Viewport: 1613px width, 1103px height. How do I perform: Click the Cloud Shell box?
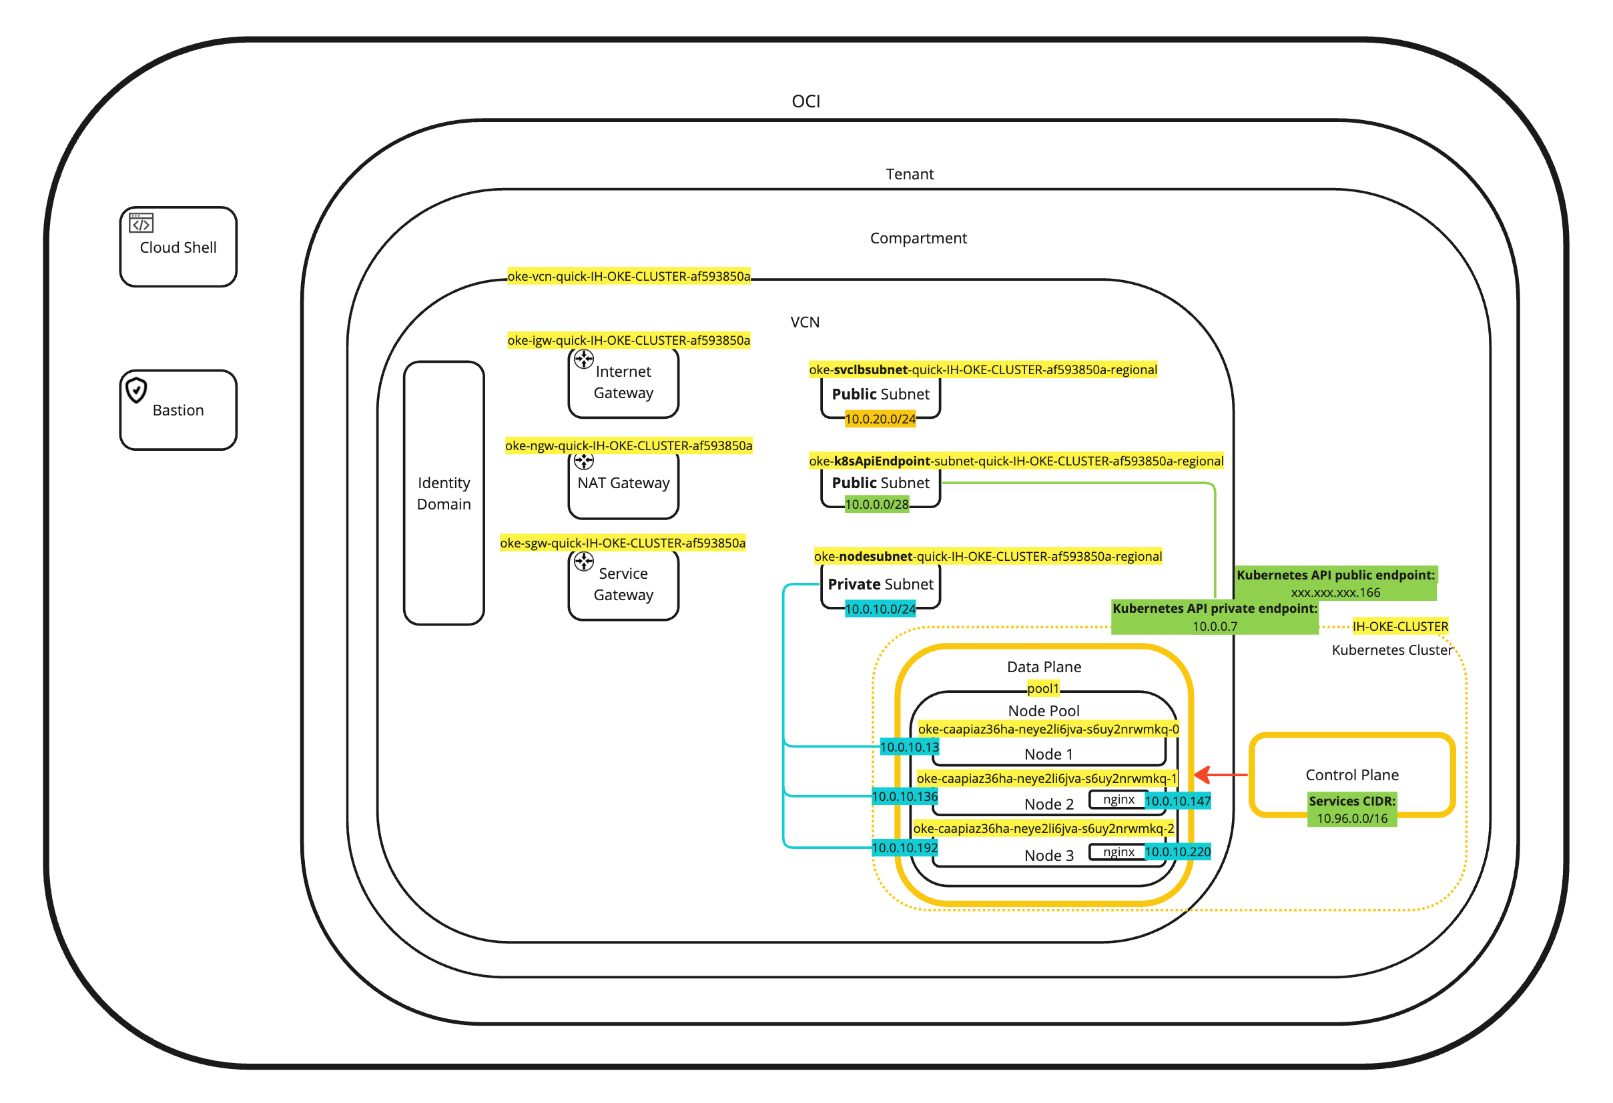click(178, 247)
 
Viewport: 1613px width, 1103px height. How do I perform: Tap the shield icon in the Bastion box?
click(136, 390)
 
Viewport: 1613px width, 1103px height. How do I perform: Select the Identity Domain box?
click(444, 493)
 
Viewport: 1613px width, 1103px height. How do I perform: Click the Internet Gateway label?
click(623, 382)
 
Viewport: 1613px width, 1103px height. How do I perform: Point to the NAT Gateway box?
click(623, 484)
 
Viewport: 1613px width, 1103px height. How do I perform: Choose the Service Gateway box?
click(623, 584)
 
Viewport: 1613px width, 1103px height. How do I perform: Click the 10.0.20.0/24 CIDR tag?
click(880, 419)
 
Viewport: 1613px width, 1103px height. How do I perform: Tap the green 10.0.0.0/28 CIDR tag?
click(877, 504)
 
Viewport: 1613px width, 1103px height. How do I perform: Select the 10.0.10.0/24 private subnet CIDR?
click(880, 609)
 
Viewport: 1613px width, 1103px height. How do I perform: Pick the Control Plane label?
click(1351, 775)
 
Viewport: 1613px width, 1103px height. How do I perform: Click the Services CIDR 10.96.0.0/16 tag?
click(1351, 810)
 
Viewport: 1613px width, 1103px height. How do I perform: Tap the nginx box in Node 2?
click(1118, 800)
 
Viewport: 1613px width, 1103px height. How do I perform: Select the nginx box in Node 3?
click(1118, 852)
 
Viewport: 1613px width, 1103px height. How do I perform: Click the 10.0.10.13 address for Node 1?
click(909, 747)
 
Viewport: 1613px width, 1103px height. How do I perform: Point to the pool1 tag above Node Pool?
click(1043, 688)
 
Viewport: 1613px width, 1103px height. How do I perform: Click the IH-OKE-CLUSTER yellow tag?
click(1400, 626)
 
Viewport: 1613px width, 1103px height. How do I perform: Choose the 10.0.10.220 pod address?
click(1177, 852)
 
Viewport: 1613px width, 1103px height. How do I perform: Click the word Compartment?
click(918, 238)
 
